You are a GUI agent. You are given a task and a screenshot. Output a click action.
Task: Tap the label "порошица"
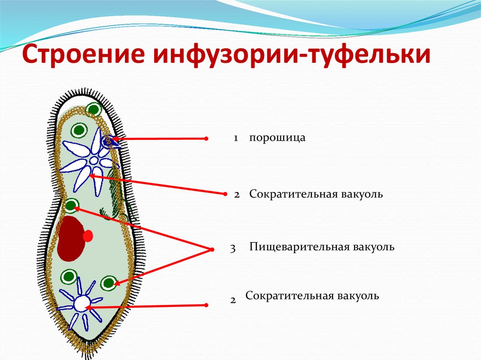277,138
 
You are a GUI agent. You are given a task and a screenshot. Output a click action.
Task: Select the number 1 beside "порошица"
236,138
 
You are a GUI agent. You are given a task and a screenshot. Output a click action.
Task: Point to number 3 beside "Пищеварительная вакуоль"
233,248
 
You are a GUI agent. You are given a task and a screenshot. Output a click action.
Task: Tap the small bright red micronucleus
88,236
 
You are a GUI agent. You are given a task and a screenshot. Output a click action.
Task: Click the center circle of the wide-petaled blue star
94,161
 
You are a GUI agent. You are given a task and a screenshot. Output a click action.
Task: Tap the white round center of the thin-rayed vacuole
81,304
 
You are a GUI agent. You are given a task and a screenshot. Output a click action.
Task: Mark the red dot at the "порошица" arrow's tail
207,138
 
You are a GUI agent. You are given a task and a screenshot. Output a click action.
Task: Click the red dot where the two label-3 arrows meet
212,250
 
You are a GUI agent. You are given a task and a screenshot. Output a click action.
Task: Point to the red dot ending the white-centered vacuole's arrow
206,305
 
